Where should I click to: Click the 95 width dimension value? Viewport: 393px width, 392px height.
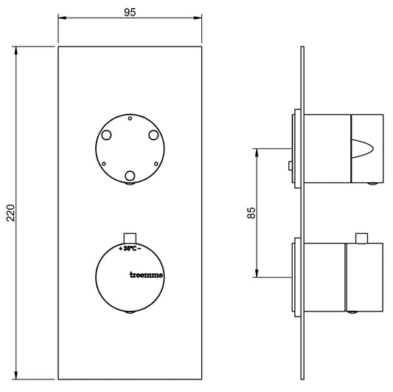tap(131, 12)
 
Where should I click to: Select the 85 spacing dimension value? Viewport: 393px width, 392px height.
tap(251, 212)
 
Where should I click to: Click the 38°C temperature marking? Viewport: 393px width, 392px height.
tap(131, 248)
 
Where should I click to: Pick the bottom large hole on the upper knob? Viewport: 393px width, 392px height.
tap(131, 176)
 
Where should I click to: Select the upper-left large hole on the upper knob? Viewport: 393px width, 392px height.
tap(107, 135)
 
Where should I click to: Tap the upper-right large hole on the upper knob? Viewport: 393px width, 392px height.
tap(153, 135)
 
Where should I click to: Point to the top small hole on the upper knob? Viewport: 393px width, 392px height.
tap(131, 118)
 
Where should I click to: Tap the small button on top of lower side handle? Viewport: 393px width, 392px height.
tap(361, 237)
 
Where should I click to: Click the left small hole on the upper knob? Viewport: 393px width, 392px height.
tap(104, 163)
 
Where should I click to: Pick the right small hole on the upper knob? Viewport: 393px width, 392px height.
tap(157, 163)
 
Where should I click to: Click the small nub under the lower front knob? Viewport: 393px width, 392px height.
tap(131, 313)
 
